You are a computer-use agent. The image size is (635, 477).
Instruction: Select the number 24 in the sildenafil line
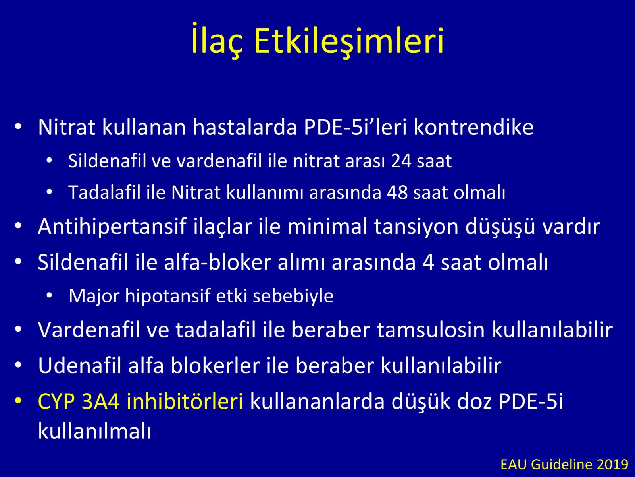click(401, 161)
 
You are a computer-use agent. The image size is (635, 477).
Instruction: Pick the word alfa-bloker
click(218, 262)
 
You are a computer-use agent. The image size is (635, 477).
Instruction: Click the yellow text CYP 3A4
click(79, 401)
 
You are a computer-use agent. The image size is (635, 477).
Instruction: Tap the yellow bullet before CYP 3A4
click(18, 401)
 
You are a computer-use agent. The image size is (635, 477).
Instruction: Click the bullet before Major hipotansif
click(49, 295)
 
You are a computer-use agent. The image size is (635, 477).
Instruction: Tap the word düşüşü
click(500, 227)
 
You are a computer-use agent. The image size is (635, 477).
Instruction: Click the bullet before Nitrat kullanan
click(18, 126)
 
